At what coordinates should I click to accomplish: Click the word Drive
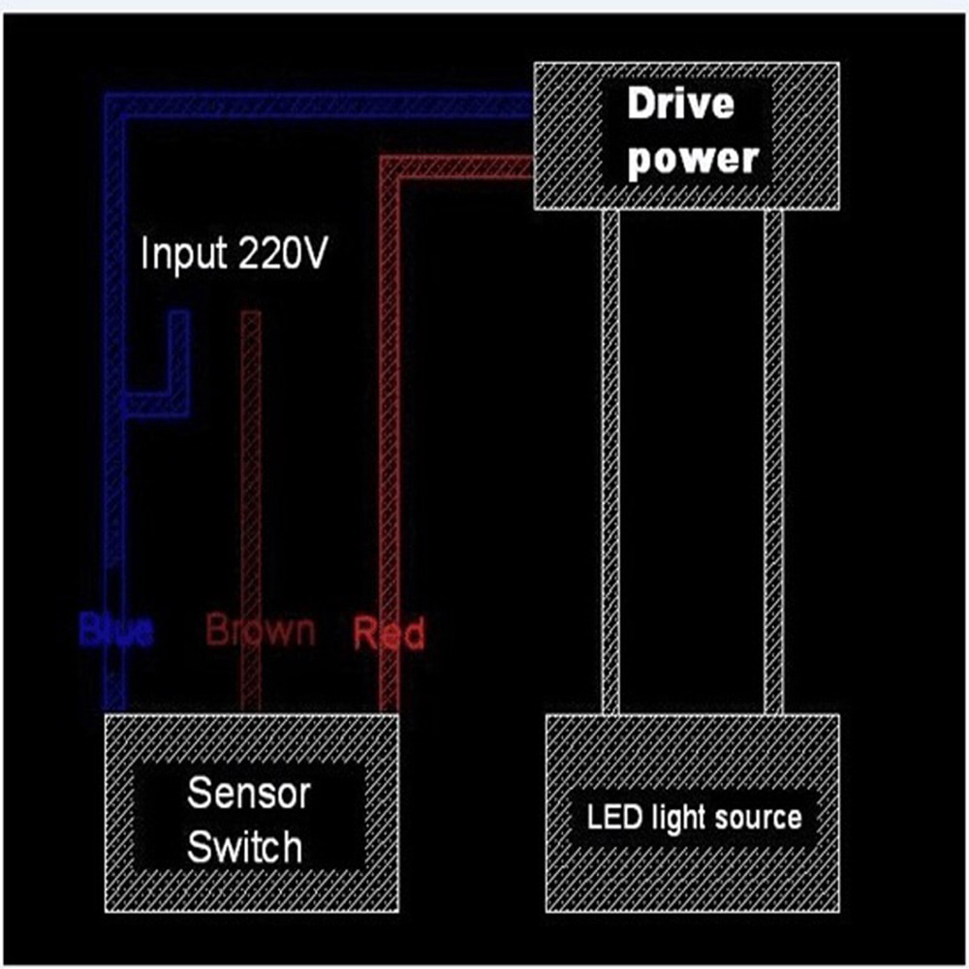pos(680,104)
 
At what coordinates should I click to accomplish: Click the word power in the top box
pos(691,158)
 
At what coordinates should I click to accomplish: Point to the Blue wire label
pos(116,632)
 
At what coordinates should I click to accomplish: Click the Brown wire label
pos(261,630)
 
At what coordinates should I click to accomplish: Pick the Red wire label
pos(389,634)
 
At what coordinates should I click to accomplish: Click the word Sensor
pos(234,793)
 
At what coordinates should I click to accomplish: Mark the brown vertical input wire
pos(251,465)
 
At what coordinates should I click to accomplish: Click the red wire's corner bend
pos(391,167)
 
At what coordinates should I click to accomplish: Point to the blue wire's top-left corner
pos(115,105)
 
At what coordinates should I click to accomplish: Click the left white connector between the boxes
pos(610,461)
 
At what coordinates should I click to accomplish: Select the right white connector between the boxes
pos(773,461)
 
